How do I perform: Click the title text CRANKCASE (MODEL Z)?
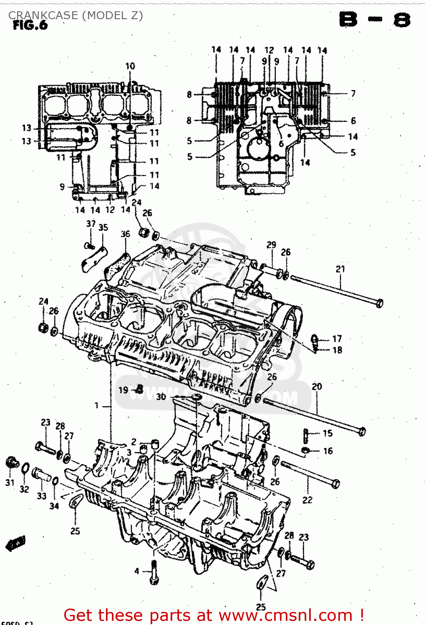(x=76, y=15)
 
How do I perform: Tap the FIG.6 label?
(x=30, y=25)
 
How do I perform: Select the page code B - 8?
(x=374, y=20)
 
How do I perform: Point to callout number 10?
(x=130, y=66)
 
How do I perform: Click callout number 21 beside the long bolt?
(x=340, y=269)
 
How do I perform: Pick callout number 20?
(x=317, y=387)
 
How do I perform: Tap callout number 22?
(x=307, y=500)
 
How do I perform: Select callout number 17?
(x=337, y=339)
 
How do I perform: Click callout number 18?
(x=337, y=350)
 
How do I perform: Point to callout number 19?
(x=123, y=390)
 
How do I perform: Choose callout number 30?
(x=161, y=396)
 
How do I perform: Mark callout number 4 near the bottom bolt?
(x=136, y=571)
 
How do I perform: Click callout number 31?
(x=10, y=482)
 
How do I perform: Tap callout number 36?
(x=125, y=234)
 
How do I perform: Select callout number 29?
(x=271, y=245)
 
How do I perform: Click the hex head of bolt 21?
(x=379, y=303)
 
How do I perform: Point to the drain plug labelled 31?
(x=12, y=462)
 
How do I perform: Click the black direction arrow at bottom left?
(x=15, y=543)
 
